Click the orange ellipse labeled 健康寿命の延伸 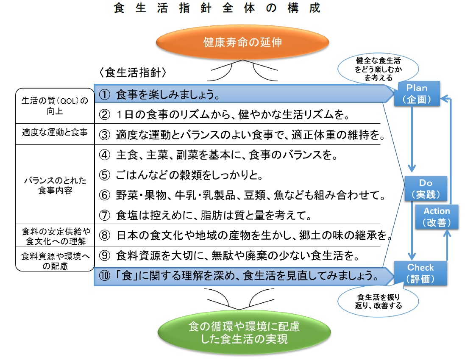pos(242,42)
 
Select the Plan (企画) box pos(418,94)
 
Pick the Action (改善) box pos(437,216)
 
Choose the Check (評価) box pos(420,273)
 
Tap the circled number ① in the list pos(105,95)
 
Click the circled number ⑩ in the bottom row pos(105,277)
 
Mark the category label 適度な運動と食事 pos(55,133)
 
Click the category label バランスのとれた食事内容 pos(55,186)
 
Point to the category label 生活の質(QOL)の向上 pos(55,105)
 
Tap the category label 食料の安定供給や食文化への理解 pos(55,236)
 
